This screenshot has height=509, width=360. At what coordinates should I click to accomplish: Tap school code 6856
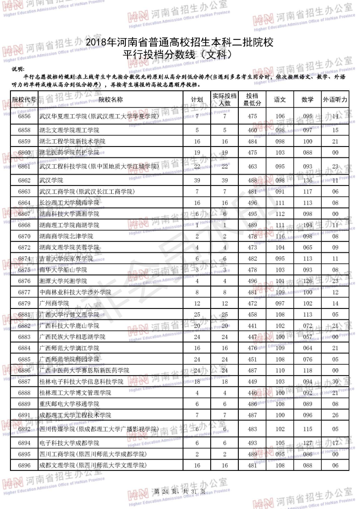pos(24,117)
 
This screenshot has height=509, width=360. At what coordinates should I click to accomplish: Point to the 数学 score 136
pos(307,181)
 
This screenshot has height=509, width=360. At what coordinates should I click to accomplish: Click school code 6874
pos(24,259)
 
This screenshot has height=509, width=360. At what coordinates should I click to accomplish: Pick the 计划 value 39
pos(197,181)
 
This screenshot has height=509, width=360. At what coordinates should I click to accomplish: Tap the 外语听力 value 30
pos(335,382)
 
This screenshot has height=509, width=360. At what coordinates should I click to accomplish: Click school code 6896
pos(24,465)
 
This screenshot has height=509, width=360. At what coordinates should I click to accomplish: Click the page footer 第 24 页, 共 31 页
pos(180,492)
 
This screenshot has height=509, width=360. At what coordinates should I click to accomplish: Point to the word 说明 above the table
pos(19,69)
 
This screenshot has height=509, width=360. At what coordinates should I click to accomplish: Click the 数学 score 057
pos(307,337)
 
